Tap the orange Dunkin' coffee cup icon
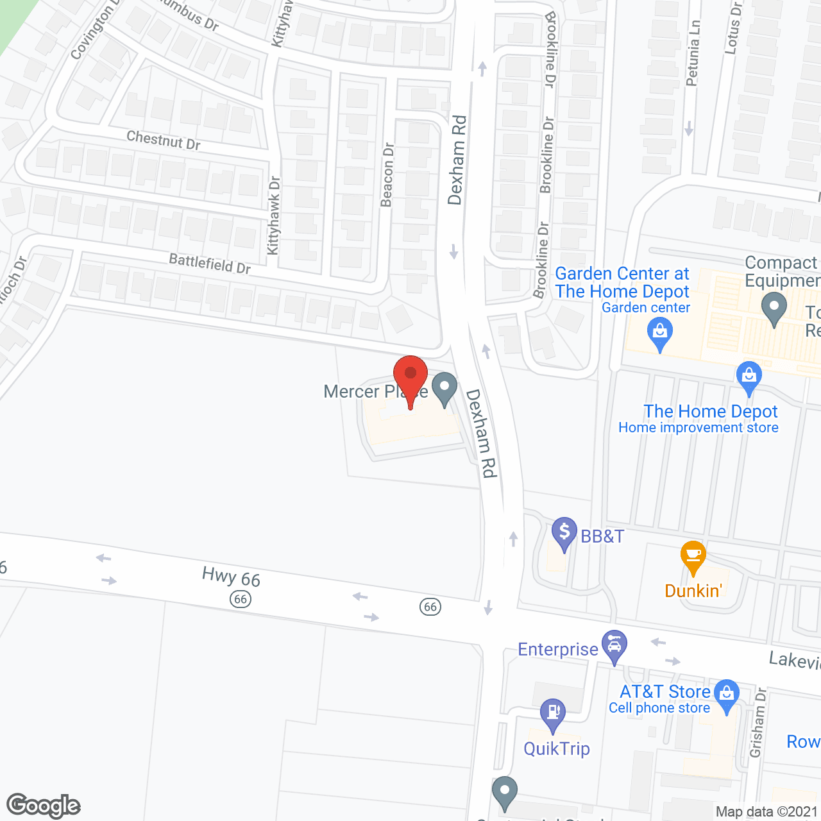click(693, 556)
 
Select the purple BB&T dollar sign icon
click(564, 533)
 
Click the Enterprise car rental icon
click(614, 646)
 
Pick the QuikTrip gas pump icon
click(553, 714)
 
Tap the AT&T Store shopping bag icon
click(726, 695)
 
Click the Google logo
click(44, 806)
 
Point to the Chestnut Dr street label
click(164, 140)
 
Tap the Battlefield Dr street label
click(210, 263)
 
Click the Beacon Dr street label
click(387, 175)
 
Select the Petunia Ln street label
click(692, 53)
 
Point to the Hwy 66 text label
click(231, 577)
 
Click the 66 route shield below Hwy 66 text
click(241, 600)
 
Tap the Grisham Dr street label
click(758, 722)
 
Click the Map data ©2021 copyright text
click(766, 812)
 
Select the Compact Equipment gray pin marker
click(774, 308)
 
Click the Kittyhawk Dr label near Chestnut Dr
click(274, 216)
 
